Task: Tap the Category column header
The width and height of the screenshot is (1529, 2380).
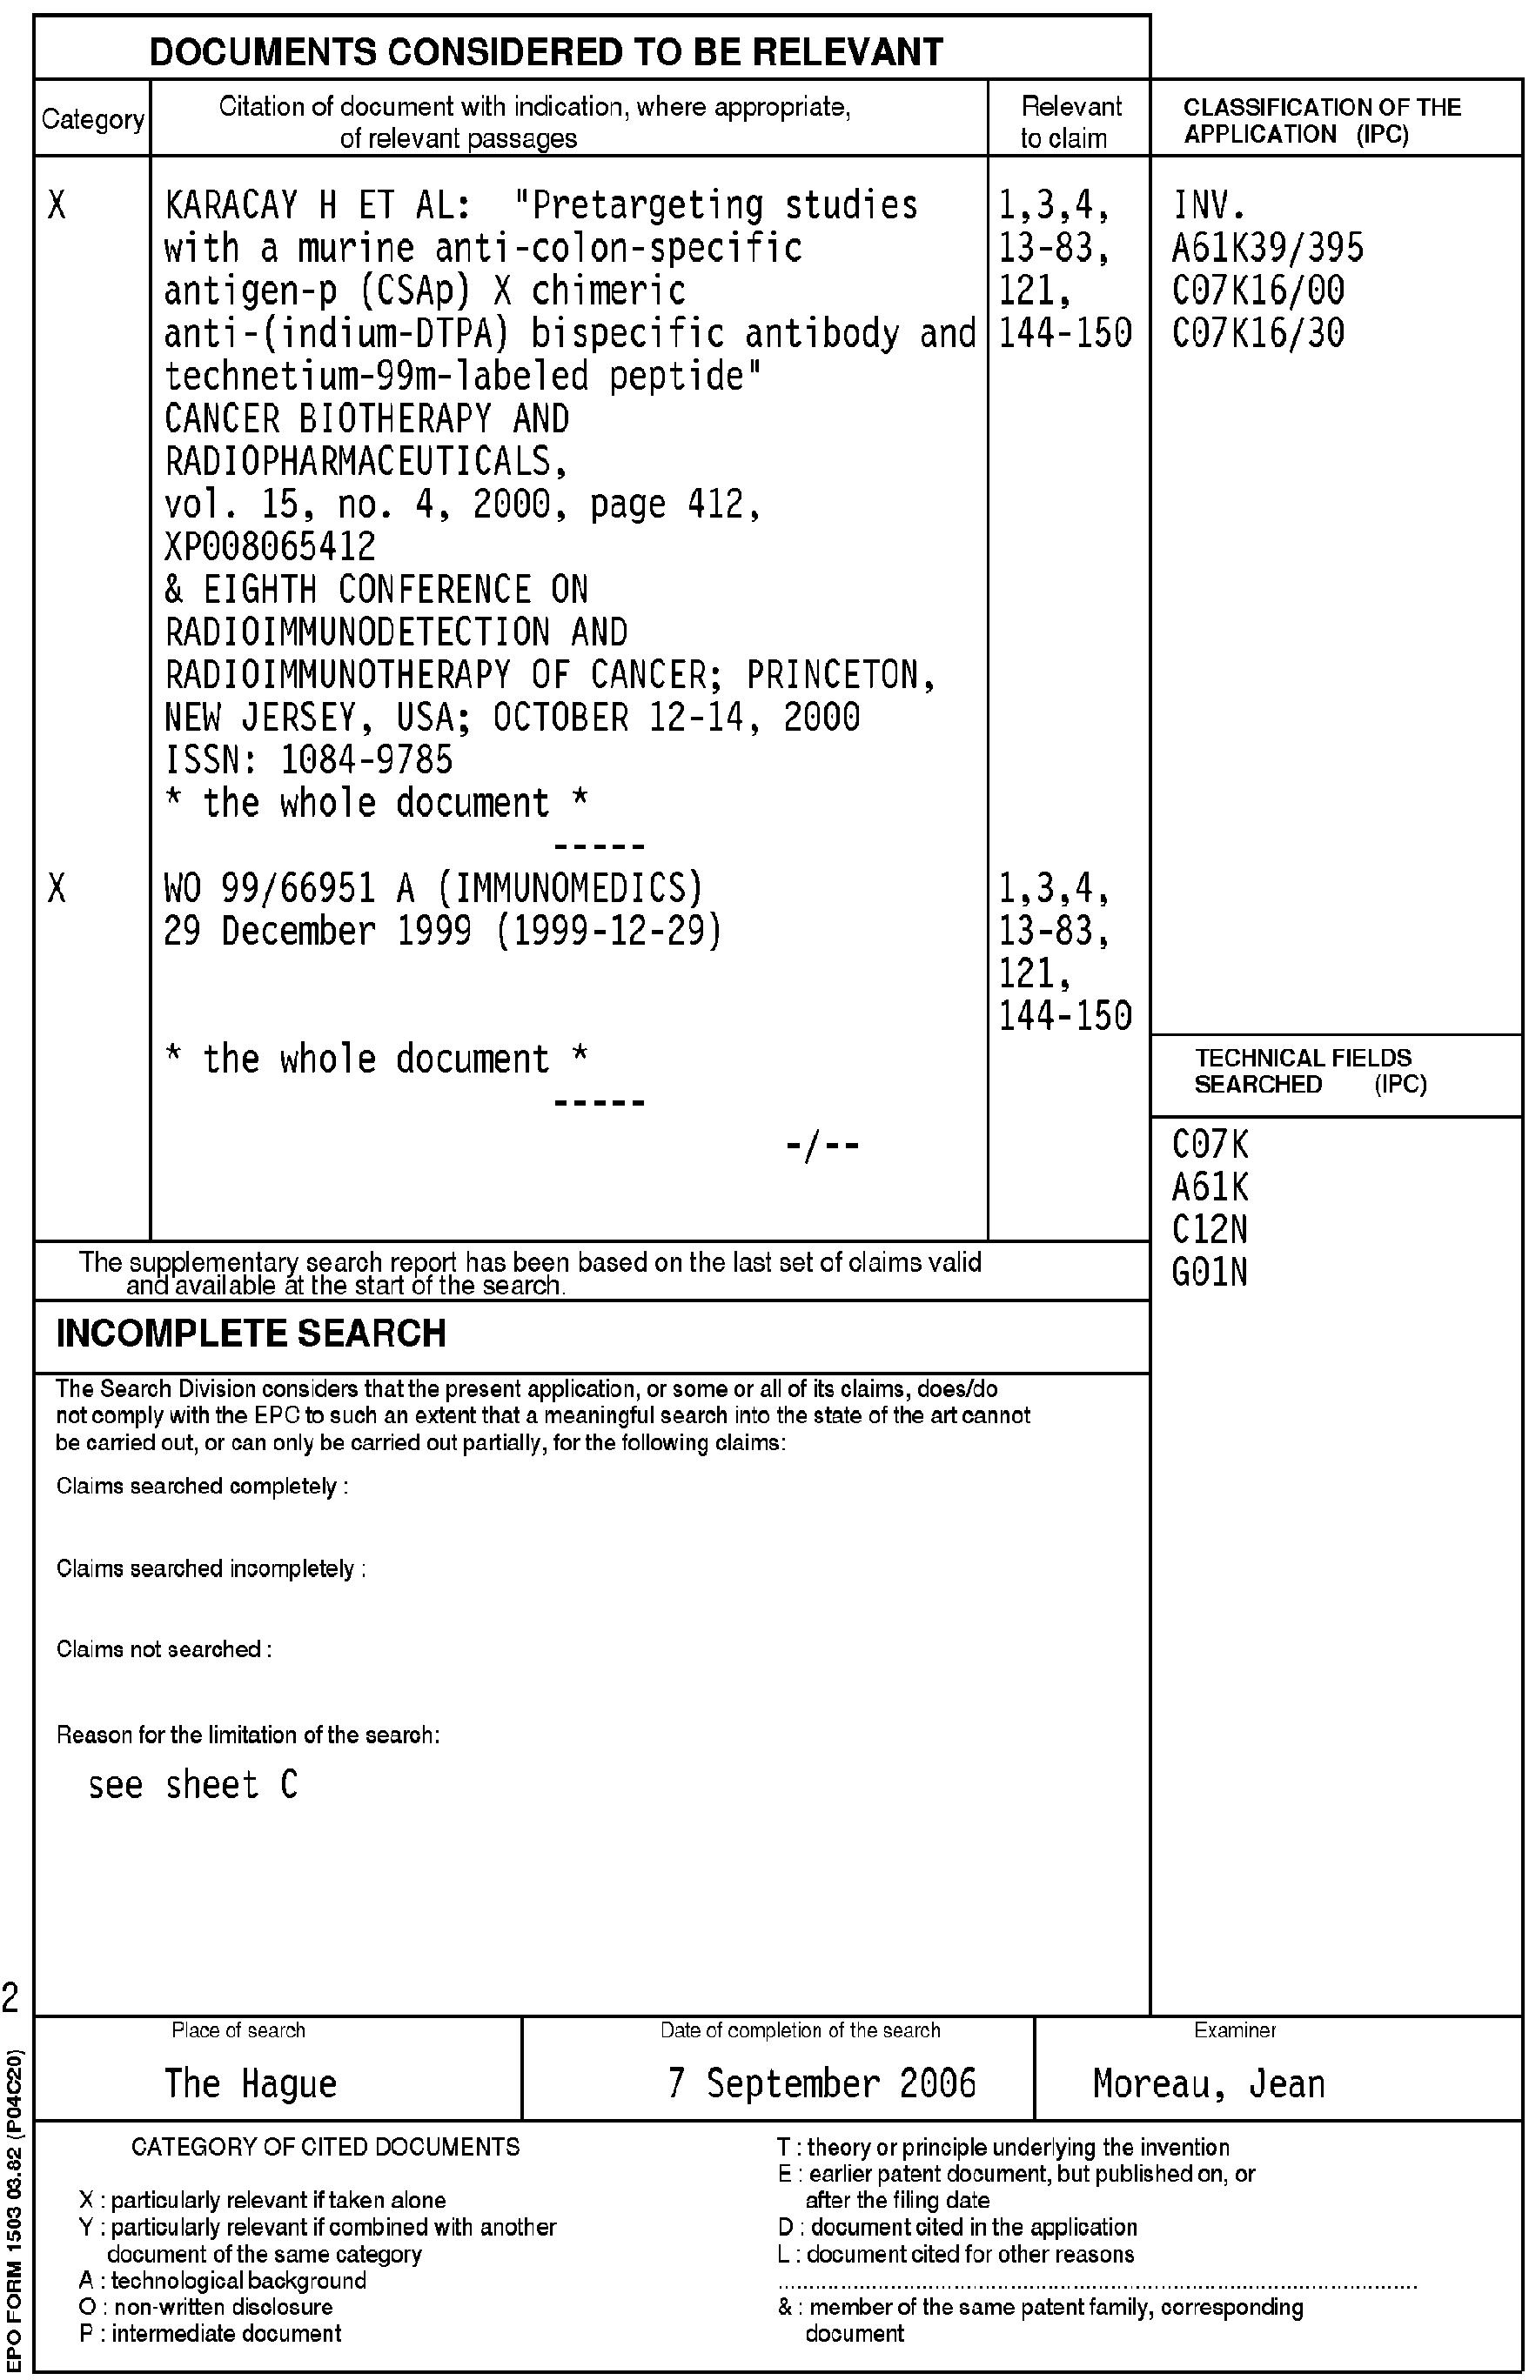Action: pyautogui.click(x=92, y=120)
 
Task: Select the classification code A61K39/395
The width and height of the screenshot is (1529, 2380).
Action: pyautogui.click(x=1267, y=248)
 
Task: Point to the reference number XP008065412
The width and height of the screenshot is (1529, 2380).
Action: pyautogui.click(x=270, y=547)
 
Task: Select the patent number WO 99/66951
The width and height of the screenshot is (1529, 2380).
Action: pyautogui.click(x=269, y=888)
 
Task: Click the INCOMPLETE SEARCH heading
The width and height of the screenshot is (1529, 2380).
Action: pyautogui.click(x=251, y=1333)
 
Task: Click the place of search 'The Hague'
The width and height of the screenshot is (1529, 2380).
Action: pyautogui.click(x=251, y=2082)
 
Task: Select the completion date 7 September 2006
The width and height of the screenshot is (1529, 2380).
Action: pyautogui.click(x=822, y=2082)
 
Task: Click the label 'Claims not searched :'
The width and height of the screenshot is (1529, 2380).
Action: pyautogui.click(x=164, y=1648)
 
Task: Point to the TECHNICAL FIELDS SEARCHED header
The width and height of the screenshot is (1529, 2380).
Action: pyautogui.click(x=1309, y=1071)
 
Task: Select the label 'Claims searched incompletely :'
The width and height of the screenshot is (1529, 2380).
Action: pyautogui.click(x=211, y=1568)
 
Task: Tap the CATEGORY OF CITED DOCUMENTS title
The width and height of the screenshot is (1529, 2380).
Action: pyautogui.click(x=325, y=2147)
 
